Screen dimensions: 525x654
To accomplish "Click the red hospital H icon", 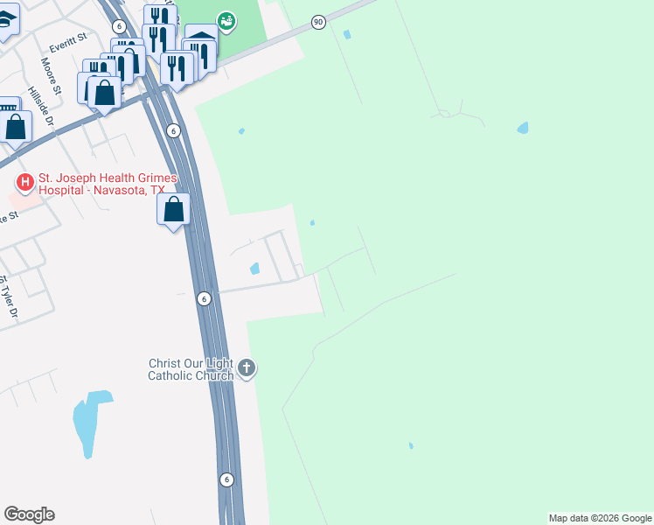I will pyautogui.click(x=25, y=182).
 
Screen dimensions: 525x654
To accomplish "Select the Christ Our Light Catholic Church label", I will pyautogui.click(x=191, y=369).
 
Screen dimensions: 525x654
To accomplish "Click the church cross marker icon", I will pyautogui.click(x=247, y=368).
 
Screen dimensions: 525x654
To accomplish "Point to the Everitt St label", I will pyautogui.click(x=70, y=39).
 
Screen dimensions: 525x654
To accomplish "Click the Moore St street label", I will pyautogui.click(x=50, y=76).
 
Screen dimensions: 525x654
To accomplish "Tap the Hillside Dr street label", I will pyautogui.click(x=40, y=106).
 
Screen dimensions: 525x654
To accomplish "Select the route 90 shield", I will pyautogui.click(x=318, y=22).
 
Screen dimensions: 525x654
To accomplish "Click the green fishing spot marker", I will pyautogui.click(x=226, y=20).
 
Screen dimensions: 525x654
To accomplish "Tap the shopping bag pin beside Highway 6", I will pyautogui.click(x=174, y=210).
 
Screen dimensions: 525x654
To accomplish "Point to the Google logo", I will pyautogui.click(x=29, y=514).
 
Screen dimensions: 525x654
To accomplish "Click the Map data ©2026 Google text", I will pyautogui.click(x=600, y=518).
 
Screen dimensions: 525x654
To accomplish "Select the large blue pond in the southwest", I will pyautogui.click(x=90, y=423).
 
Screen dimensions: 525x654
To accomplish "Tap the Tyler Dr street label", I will pyautogui.click(x=8, y=297).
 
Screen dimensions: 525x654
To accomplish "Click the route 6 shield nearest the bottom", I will pyautogui.click(x=226, y=479).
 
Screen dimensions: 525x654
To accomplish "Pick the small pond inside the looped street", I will pyautogui.click(x=255, y=269).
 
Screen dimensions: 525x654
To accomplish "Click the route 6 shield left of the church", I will pyautogui.click(x=203, y=298).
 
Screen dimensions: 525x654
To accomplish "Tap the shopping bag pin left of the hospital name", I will pyautogui.click(x=16, y=126).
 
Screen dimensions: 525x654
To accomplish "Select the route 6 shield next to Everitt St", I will pyautogui.click(x=118, y=27).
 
